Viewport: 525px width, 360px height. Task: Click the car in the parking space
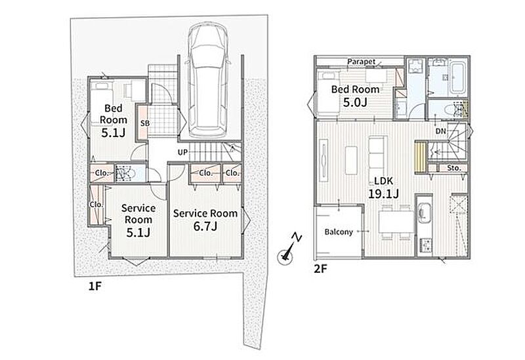pyautogui.click(x=207, y=79)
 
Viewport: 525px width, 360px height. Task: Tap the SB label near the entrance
pyautogui.click(x=145, y=123)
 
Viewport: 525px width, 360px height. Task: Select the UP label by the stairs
pyautogui.click(x=182, y=153)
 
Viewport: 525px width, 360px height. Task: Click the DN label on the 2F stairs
pyautogui.click(x=441, y=131)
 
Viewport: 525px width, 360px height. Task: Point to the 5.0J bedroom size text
pyautogui.click(x=355, y=102)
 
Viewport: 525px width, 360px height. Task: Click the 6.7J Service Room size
pyautogui.click(x=205, y=226)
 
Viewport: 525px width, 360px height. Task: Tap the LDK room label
pyautogui.click(x=383, y=181)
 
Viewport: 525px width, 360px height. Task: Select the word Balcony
pyautogui.click(x=339, y=231)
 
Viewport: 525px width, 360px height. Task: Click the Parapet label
pyautogui.click(x=362, y=62)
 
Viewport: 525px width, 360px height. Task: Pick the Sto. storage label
pyautogui.click(x=454, y=168)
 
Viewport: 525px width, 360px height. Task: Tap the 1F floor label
pyautogui.click(x=94, y=286)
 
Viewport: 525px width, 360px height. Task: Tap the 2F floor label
pyautogui.click(x=320, y=269)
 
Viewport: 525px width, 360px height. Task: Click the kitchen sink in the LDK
pyautogui.click(x=424, y=213)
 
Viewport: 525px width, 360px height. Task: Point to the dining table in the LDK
pyautogui.click(x=396, y=222)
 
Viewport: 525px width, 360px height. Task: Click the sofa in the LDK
pyautogui.click(x=378, y=155)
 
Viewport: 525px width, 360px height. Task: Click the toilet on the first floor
pyautogui.click(x=125, y=173)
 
